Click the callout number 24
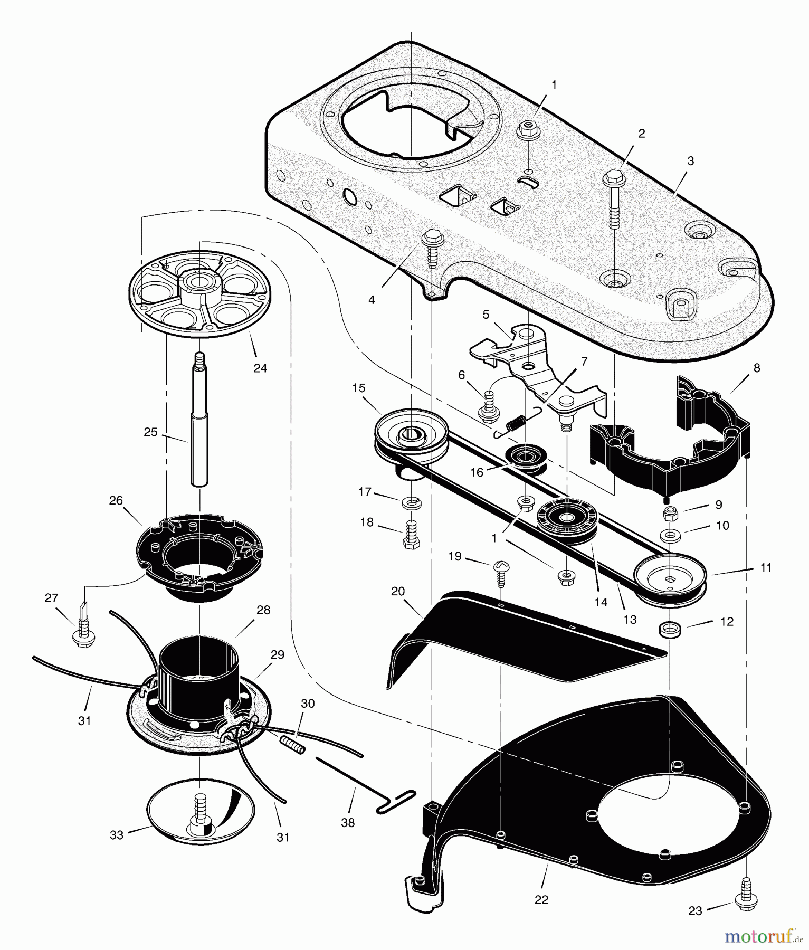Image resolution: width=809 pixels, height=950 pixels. coord(260,368)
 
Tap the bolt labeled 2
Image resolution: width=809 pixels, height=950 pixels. coord(613,201)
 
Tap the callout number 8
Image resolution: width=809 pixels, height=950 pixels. coord(757,368)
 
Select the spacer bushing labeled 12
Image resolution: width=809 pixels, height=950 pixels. coord(669,629)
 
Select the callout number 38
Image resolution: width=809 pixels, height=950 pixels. coord(348,823)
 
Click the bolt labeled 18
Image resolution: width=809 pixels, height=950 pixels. coord(411,536)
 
